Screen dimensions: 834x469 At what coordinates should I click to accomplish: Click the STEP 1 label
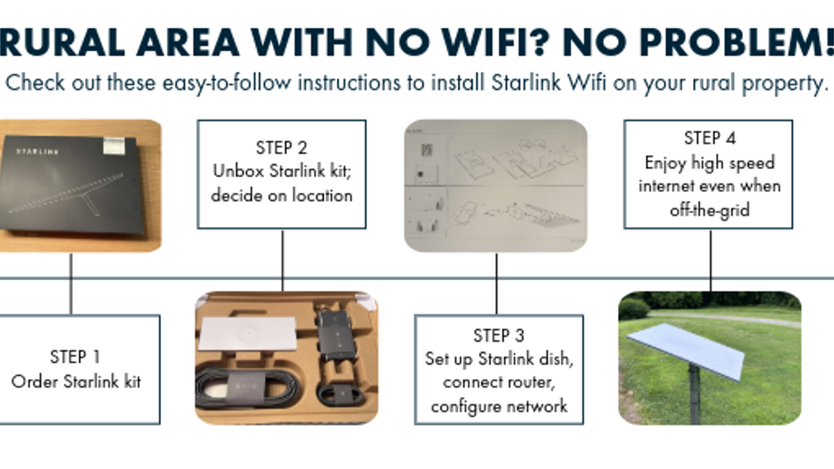(x=75, y=357)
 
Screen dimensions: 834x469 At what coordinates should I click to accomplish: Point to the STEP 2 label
(x=281, y=148)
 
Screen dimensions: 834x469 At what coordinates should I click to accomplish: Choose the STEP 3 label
(x=499, y=336)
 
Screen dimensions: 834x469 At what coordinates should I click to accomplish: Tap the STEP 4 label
(x=710, y=138)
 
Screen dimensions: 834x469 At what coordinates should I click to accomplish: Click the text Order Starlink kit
(x=76, y=382)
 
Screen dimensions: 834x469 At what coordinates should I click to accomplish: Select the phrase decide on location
(x=281, y=195)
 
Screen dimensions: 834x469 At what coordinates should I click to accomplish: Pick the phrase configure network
(x=499, y=406)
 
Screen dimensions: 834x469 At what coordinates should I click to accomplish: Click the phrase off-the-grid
(x=710, y=211)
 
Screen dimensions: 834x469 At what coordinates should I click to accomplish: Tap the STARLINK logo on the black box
(x=38, y=151)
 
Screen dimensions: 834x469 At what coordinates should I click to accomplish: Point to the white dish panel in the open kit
(x=248, y=333)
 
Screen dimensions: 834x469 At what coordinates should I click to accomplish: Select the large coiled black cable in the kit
(x=247, y=388)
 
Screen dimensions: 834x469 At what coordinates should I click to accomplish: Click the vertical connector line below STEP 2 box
(x=283, y=261)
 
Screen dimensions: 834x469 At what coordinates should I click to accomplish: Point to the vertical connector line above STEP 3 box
(x=496, y=284)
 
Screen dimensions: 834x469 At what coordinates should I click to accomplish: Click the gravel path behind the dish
(x=726, y=319)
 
